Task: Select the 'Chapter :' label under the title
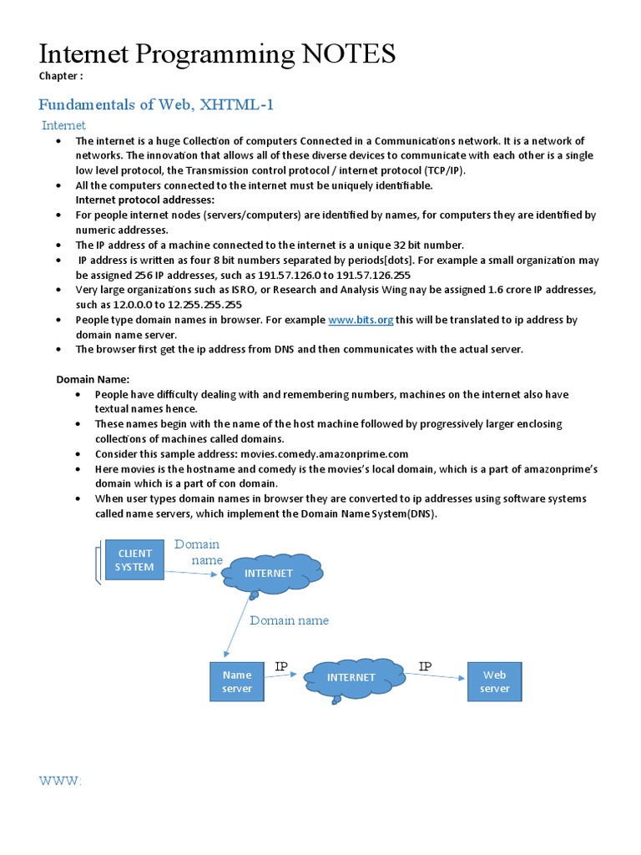(x=61, y=77)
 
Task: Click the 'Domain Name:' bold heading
(x=93, y=379)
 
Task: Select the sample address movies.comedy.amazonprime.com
(x=325, y=453)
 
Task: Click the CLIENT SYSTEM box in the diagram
(x=134, y=559)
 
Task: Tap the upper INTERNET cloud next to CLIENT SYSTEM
(x=269, y=573)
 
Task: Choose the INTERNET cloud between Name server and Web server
(x=351, y=677)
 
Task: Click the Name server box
(x=236, y=681)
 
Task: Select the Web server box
(x=494, y=681)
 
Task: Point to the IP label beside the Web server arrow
(x=426, y=666)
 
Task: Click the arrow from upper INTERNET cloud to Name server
(x=238, y=625)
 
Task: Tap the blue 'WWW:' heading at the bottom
(x=60, y=780)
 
